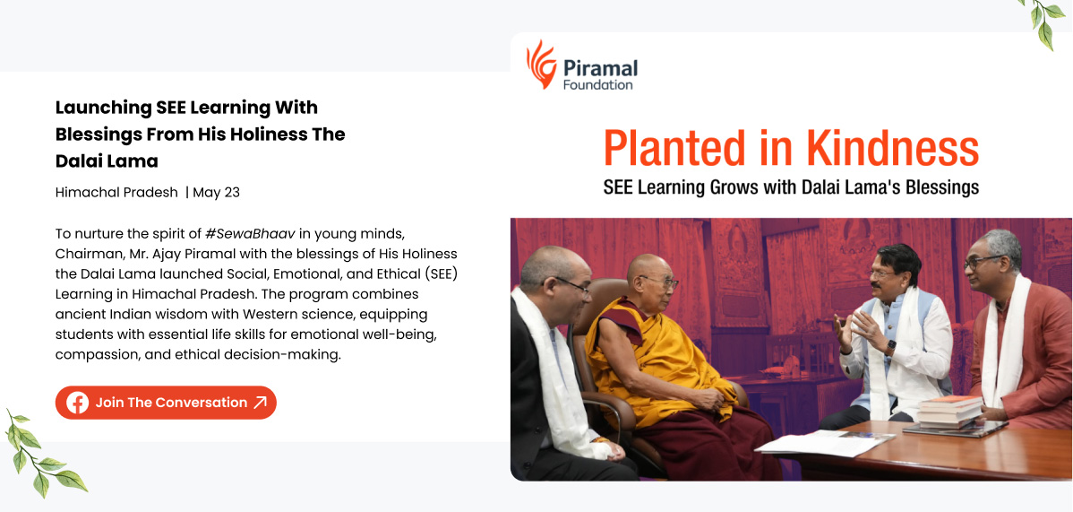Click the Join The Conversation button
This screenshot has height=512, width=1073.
pyautogui.click(x=166, y=403)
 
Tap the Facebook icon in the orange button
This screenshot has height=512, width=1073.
pyautogui.click(x=77, y=403)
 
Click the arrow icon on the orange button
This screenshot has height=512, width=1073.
pyautogui.click(x=260, y=403)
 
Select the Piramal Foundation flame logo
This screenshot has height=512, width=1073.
pyautogui.click(x=541, y=65)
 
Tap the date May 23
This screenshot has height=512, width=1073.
pyautogui.click(x=216, y=192)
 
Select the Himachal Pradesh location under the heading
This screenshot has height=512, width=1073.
pyautogui.click(x=116, y=192)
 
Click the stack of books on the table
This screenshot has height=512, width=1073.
pyautogui.click(x=950, y=411)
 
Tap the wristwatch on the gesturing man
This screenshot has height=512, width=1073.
pyautogui.click(x=889, y=346)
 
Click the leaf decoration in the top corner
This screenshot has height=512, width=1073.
pyautogui.click(x=1044, y=21)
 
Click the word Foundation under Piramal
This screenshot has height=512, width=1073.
pyautogui.click(x=597, y=85)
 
